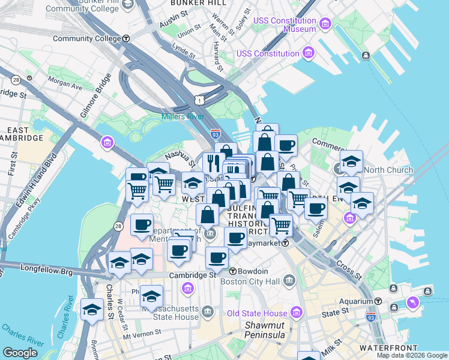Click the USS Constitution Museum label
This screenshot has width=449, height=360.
(284, 25)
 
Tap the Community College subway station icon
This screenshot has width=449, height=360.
(126, 38)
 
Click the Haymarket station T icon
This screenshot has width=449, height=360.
(286, 243)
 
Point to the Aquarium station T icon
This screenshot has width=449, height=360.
(378, 301)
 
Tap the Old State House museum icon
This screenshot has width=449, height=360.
(295, 313)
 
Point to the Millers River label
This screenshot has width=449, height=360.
(182, 116)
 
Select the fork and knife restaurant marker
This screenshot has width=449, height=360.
(213, 163)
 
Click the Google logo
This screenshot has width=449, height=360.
(20, 353)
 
